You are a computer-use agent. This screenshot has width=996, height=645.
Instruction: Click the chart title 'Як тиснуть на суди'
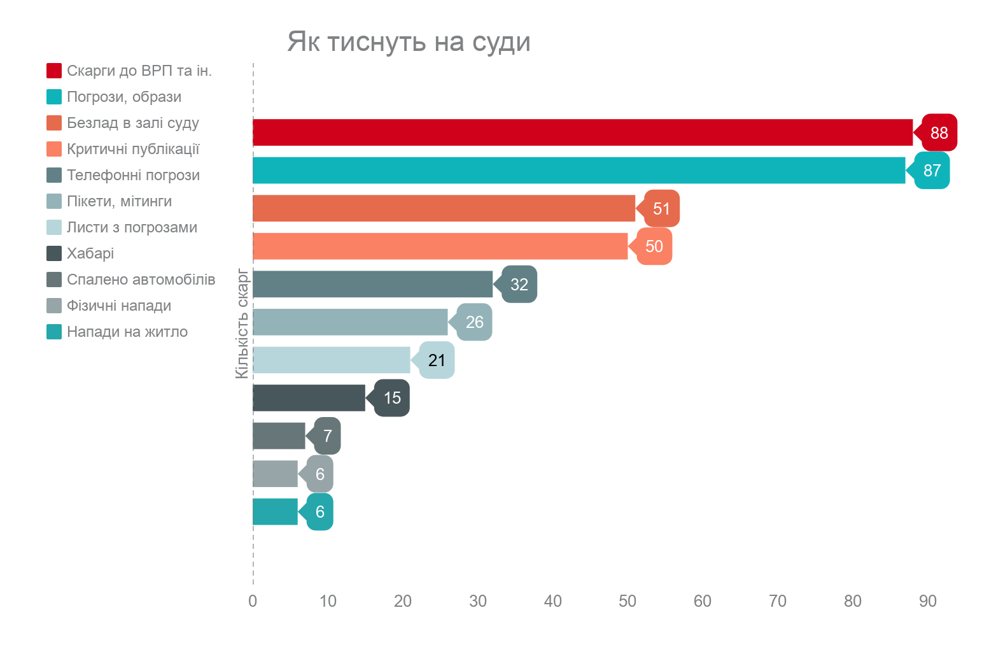coord(409,42)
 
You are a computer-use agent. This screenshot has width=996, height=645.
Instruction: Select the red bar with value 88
coord(582,132)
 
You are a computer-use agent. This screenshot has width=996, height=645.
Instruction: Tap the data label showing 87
coord(932,171)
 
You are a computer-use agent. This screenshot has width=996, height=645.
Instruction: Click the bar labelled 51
coord(444,208)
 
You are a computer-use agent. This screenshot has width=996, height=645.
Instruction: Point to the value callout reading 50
coord(654,246)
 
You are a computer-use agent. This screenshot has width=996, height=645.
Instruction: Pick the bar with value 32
coord(372,284)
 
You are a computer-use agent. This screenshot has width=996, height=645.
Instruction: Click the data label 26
coord(474,322)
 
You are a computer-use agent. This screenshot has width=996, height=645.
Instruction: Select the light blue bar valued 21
coord(331,360)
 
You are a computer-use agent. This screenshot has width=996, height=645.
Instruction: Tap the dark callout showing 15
coord(392,398)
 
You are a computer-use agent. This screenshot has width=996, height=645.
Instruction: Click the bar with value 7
coord(279,436)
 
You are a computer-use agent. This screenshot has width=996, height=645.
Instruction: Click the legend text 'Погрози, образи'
coord(124,97)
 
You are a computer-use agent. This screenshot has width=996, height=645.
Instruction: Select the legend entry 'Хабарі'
coord(90,253)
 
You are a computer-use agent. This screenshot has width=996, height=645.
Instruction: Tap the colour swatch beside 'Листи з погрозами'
coord(54,227)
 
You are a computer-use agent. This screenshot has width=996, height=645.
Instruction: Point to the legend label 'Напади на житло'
coord(127,332)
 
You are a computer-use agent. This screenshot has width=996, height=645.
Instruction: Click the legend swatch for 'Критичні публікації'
coord(54,149)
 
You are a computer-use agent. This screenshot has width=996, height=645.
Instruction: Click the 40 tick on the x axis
coord(553,601)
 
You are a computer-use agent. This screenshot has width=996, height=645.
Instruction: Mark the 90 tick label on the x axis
coord(928,601)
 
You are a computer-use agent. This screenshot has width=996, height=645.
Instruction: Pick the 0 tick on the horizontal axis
coord(253,601)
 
